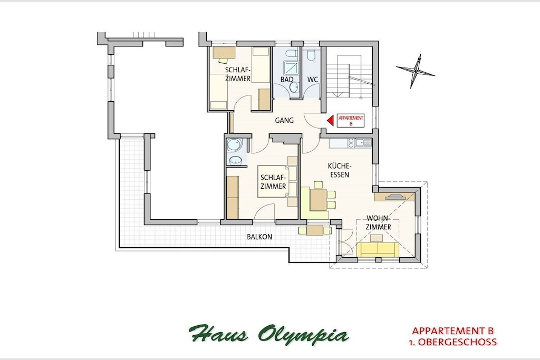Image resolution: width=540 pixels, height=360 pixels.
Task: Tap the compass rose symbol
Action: tap(416, 71)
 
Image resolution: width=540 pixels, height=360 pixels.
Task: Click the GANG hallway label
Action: tap(284, 121)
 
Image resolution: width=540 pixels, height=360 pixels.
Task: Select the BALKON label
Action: tap(259, 237)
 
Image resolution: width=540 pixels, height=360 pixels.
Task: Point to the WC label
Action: tap(313, 80)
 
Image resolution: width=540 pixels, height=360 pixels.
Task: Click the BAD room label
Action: tap(287, 80)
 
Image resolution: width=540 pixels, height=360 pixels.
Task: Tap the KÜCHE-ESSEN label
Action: tap(340, 170)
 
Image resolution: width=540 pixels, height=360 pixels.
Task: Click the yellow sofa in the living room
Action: tap(378, 249)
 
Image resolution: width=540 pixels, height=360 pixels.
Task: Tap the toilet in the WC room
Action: tap(312, 55)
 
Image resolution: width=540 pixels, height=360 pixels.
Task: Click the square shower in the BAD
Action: tap(288, 68)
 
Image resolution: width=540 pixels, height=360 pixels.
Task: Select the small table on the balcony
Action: tap(314, 230)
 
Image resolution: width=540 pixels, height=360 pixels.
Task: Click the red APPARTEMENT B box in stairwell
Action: tap(351, 120)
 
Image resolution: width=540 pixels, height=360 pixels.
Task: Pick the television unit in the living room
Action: tap(396, 197)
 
